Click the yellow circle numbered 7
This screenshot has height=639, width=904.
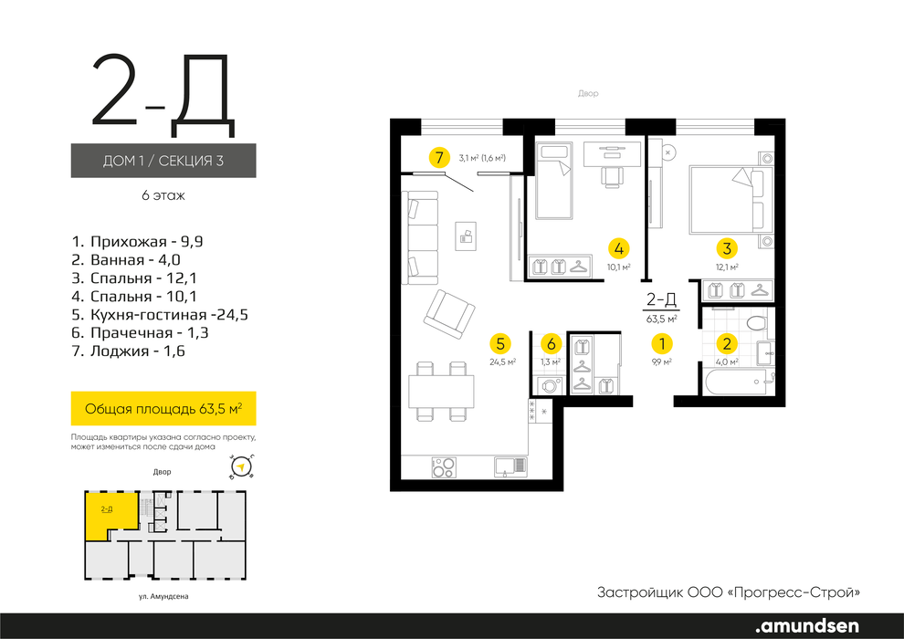tap(439, 157)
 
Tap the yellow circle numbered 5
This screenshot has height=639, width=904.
tap(499, 344)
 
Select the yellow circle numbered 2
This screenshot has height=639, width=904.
tap(727, 344)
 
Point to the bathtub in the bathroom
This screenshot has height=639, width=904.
tap(738, 382)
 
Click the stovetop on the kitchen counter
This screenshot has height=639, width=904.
tap(444, 466)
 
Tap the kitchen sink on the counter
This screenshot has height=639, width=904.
tap(510, 466)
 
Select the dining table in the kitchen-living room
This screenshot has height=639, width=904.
tap(442, 392)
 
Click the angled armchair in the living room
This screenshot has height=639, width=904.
tap(449, 314)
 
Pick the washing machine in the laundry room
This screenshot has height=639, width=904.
tap(551, 385)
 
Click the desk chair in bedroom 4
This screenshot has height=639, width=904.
tap(613, 176)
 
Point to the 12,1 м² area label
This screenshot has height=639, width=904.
tap(727, 267)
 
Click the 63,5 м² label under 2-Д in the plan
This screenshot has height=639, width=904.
tap(661, 318)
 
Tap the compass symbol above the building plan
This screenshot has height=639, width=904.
tap(242, 466)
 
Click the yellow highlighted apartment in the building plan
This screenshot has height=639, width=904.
tap(111, 515)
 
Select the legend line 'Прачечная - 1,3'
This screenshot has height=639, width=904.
tap(140, 333)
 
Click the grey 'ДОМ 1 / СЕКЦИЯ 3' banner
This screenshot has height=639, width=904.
tap(163, 160)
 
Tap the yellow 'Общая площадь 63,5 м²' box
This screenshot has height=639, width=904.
tap(163, 409)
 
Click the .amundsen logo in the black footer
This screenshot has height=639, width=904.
tap(807, 625)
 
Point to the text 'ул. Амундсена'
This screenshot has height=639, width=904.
tap(163, 597)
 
